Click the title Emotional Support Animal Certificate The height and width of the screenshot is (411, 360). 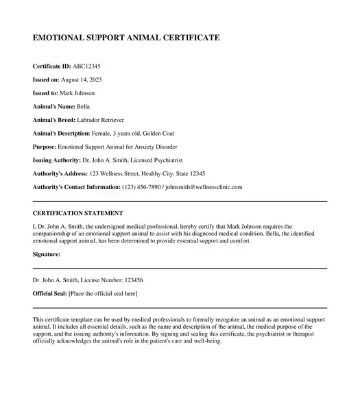(126, 38)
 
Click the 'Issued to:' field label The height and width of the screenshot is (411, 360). (47, 93)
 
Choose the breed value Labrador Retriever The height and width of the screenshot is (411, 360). (101, 120)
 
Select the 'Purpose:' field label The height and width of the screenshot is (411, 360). (45, 147)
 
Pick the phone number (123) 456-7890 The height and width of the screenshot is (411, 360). (141, 187)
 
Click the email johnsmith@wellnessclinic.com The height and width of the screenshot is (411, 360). (205, 187)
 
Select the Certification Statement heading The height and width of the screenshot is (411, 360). (78, 214)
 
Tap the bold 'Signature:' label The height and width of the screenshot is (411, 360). (47, 254)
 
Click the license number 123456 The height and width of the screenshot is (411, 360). (130, 281)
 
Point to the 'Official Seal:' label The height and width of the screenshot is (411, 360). (49, 294)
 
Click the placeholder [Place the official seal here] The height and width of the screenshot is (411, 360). (103, 294)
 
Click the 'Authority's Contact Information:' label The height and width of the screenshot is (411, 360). (76, 187)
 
